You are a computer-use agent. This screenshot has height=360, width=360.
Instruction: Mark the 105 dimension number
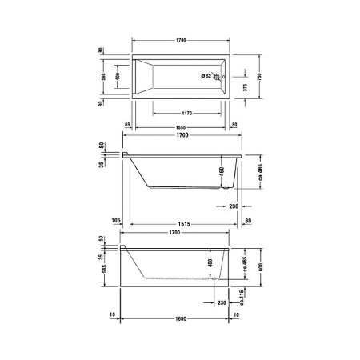pyautogui.click(x=116, y=221)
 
